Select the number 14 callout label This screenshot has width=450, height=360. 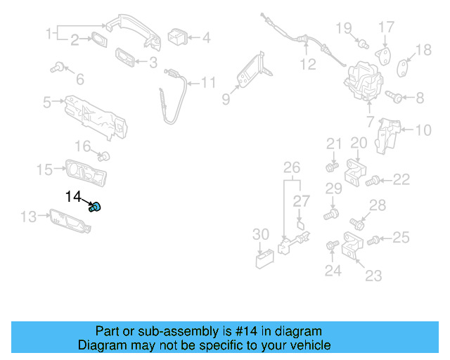74,197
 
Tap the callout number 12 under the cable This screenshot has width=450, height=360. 308,65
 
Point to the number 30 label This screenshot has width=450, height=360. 260,234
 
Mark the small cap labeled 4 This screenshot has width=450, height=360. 176,36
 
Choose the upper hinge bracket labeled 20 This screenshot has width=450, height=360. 359,172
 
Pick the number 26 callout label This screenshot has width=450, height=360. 291,167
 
